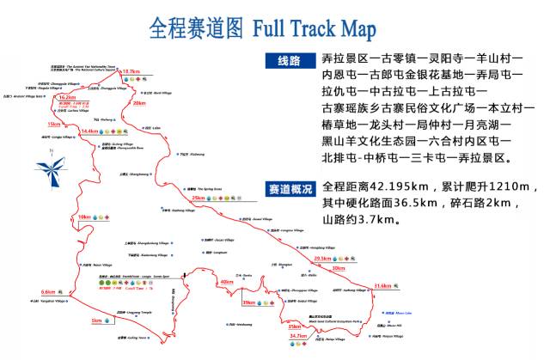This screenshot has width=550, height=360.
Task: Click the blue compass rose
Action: pyautogui.click(x=51, y=168)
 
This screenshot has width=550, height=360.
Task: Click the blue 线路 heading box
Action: pyautogui.click(x=290, y=60)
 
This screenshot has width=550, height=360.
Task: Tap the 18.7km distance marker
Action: pyautogui.click(x=131, y=71)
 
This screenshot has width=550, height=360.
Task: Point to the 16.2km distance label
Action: pyautogui.click(x=67, y=98)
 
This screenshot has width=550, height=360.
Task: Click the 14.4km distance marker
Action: pyautogui.click(x=89, y=131)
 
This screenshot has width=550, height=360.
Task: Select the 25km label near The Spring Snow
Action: pyautogui.click(x=199, y=198)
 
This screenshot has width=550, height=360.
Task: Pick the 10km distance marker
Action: pyautogui.click(x=84, y=217)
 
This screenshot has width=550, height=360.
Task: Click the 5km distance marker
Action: pyautogui.click(x=96, y=320)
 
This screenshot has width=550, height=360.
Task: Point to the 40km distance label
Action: pyautogui.click(x=227, y=282)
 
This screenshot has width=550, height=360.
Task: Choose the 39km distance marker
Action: pyautogui.click(x=248, y=302)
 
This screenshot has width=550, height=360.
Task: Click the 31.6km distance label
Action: pyautogui.click(x=382, y=285)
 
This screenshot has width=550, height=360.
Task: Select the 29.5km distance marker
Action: pyautogui.click(x=322, y=258)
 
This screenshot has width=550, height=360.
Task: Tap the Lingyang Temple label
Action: pyautogui.click(x=126, y=312)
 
